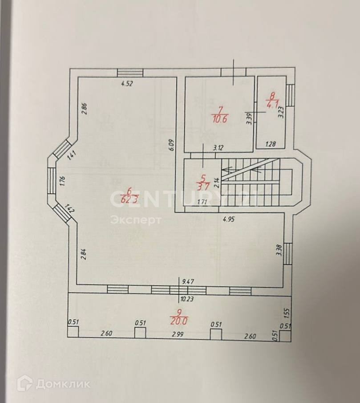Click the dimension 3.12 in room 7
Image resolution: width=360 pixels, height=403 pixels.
[218, 148]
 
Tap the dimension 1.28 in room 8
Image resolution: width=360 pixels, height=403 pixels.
[271, 144]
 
